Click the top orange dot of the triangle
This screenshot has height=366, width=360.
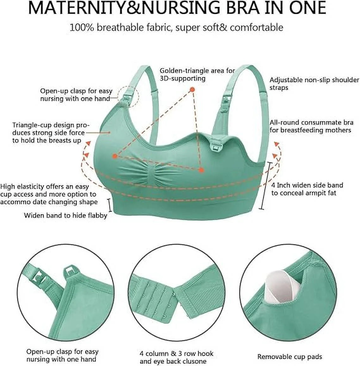coord(192,90)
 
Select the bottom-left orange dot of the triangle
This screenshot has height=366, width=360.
coord(115,156)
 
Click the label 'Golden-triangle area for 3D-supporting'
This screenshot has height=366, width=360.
coord(197,74)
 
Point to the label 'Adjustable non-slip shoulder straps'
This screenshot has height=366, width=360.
coord(314,83)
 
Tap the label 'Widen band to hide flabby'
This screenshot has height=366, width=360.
coord(65,216)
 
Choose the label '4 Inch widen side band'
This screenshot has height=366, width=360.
coord(307,186)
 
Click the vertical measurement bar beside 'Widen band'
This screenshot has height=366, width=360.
coord(110,205)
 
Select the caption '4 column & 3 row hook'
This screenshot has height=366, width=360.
coord(177,345)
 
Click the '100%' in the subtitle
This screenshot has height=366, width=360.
coord(82,27)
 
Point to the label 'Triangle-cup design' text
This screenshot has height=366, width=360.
coord(51,125)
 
